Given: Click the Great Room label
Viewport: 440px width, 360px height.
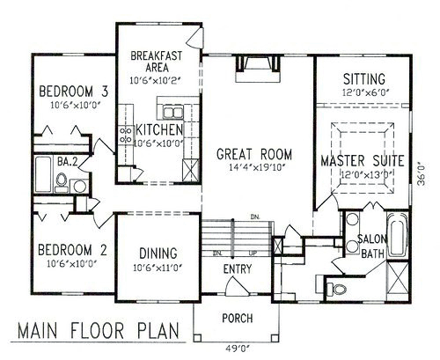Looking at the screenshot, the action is [x=254, y=154].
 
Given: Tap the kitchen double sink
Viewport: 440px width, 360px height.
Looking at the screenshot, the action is [x=173, y=113].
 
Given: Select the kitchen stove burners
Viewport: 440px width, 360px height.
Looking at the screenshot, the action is [x=126, y=135].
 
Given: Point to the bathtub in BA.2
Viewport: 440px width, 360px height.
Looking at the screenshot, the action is [x=43, y=174].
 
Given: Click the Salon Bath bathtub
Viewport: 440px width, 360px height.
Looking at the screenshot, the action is [x=398, y=234].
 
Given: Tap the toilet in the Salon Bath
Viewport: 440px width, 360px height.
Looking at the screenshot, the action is [x=336, y=289].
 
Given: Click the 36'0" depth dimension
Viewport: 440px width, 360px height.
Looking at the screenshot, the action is [x=422, y=174].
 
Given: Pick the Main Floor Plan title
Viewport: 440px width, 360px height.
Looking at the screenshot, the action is [x=99, y=330].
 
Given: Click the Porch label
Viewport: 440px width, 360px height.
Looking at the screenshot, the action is [x=238, y=318].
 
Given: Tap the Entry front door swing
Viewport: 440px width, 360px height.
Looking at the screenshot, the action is [x=238, y=286].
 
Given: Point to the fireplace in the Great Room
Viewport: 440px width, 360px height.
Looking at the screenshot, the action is [x=259, y=69].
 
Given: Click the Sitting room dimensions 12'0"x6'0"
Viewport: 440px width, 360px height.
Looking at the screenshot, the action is [x=366, y=92].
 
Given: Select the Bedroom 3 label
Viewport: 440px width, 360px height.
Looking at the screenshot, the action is [x=74, y=91].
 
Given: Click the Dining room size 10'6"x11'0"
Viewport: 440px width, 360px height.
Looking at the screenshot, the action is [x=158, y=268].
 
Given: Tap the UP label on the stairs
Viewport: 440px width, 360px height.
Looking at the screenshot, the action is [x=253, y=253].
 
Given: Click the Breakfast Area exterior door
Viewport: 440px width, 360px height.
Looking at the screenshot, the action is [x=195, y=36].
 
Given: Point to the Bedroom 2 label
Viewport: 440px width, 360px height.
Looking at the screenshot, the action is [x=72, y=250].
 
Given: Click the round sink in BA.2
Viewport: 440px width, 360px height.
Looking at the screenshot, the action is [x=79, y=186].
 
